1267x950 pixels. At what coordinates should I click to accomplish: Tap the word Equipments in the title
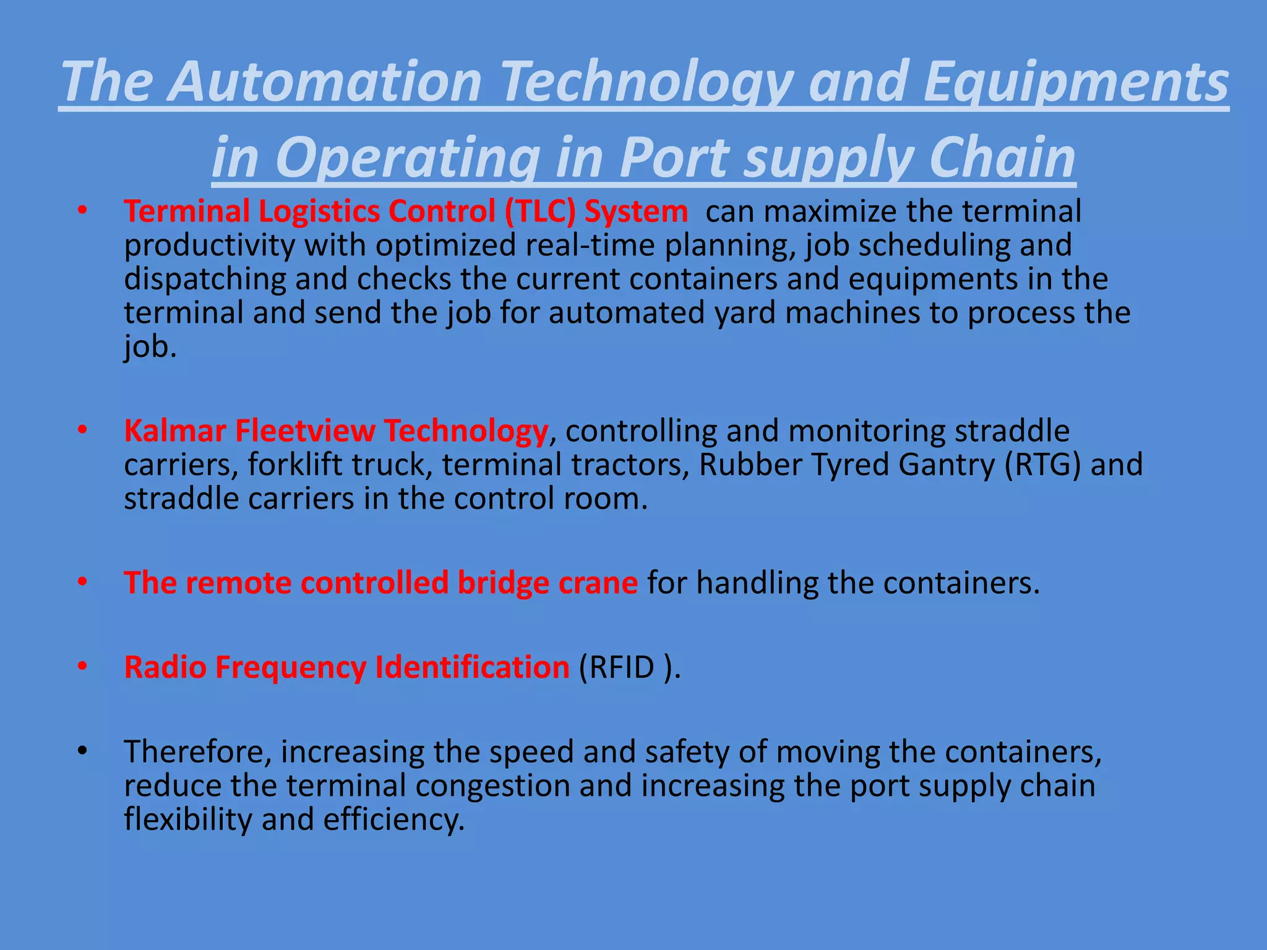coord(1075,82)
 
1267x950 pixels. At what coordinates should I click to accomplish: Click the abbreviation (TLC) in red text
coord(540,212)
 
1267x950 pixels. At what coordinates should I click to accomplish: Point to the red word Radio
coord(165,667)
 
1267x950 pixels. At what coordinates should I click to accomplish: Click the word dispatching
coord(205,279)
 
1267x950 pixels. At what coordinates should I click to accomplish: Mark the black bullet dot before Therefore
coord(82,751)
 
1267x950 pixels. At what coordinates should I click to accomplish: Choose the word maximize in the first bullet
coord(831,212)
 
